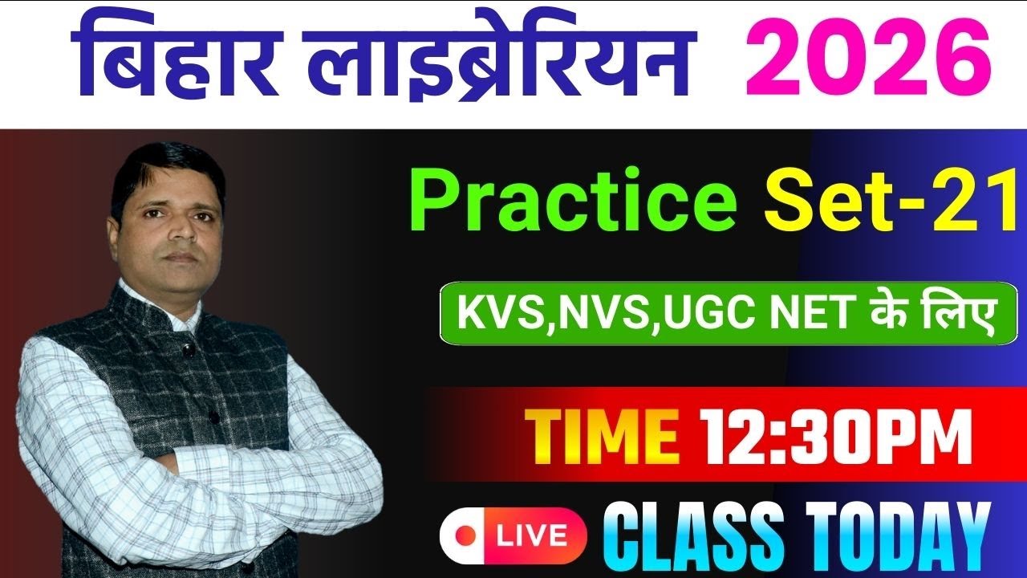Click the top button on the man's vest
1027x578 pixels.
click(186, 350)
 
